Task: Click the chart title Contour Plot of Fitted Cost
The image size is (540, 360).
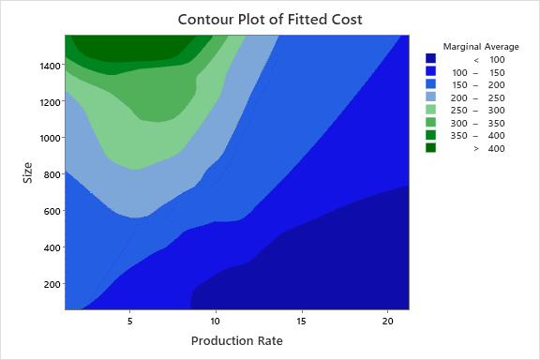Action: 270,18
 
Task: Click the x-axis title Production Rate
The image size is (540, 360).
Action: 236,341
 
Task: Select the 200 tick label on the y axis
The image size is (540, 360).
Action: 49,284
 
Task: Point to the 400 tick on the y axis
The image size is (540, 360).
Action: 49,247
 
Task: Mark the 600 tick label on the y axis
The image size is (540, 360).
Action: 49,211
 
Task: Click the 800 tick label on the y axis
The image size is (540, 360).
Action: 49,174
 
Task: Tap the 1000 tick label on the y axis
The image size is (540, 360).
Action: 46,138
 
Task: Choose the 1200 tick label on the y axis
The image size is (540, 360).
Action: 46,101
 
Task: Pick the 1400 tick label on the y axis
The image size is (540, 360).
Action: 46,65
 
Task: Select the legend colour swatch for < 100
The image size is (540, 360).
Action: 430,59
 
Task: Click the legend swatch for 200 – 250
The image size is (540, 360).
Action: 430,97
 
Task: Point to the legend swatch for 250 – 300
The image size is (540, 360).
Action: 430,110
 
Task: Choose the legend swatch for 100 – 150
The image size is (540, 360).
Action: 430,71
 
